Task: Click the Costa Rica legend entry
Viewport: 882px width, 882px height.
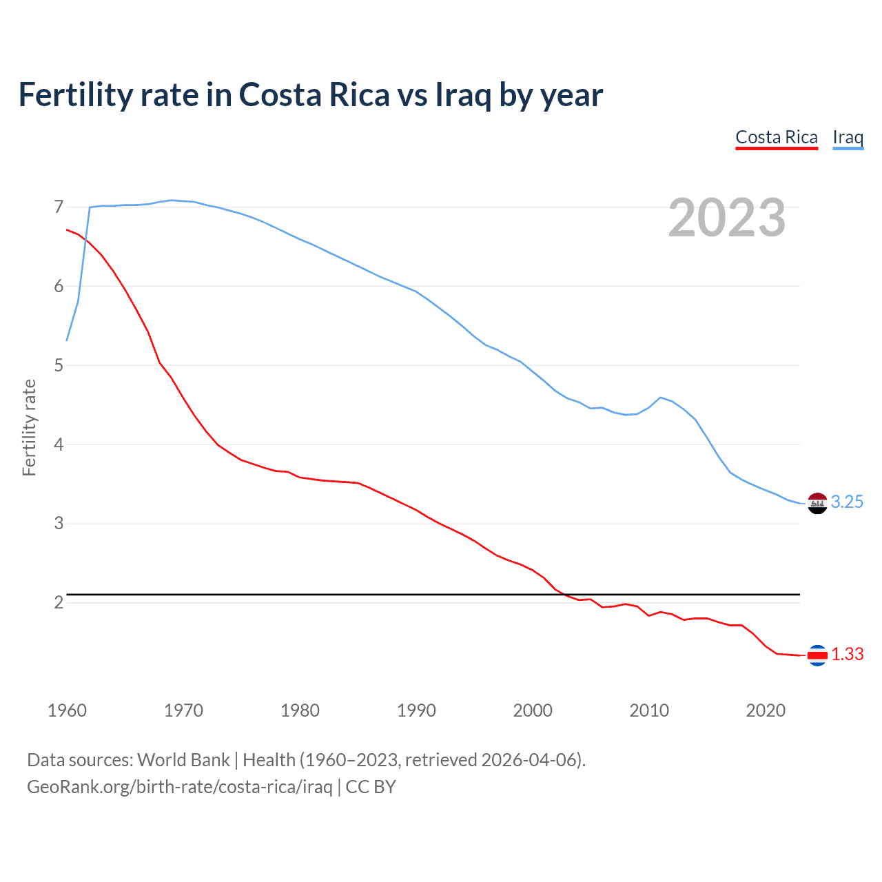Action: tap(776, 137)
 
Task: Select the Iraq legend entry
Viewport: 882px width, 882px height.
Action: tap(848, 137)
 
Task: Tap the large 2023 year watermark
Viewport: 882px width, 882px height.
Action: tap(727, 218)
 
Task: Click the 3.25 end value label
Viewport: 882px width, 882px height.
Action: tap(847, 502)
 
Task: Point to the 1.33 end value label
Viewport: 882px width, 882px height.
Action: tap(847, 654)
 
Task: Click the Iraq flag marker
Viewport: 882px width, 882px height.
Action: tap(817, 504)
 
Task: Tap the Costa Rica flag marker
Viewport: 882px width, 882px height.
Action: tap(817, 655)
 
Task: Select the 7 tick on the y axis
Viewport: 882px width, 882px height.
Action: tap(59, 207)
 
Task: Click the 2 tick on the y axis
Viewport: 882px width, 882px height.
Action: tap(59, 602)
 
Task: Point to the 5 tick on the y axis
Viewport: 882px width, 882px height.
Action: tap(59, 365)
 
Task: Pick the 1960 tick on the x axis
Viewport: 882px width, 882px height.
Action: tap(67, 710)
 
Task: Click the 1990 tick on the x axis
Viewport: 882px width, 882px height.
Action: tap(416, 710)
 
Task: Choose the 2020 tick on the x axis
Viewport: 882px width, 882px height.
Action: tap(766, 710)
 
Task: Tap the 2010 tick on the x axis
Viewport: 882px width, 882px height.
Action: tap(649, 710)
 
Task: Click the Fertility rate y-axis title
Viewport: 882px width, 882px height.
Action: tap(29, 427)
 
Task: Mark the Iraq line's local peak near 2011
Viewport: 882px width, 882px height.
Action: tap(661, 397)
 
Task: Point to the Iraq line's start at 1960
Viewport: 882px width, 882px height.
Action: tap(67, 340)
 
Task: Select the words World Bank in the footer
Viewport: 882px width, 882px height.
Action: tap(183, 759)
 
